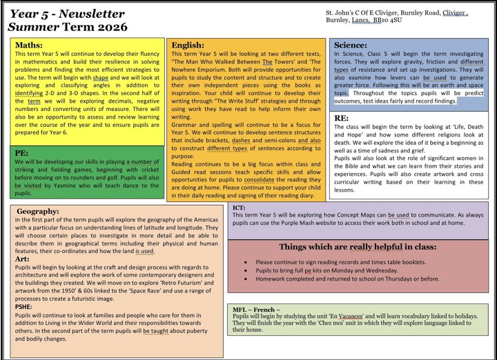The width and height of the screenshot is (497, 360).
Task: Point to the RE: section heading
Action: [x=341, y=119]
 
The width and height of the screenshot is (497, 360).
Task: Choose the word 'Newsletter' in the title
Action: [x=90, y=14]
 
